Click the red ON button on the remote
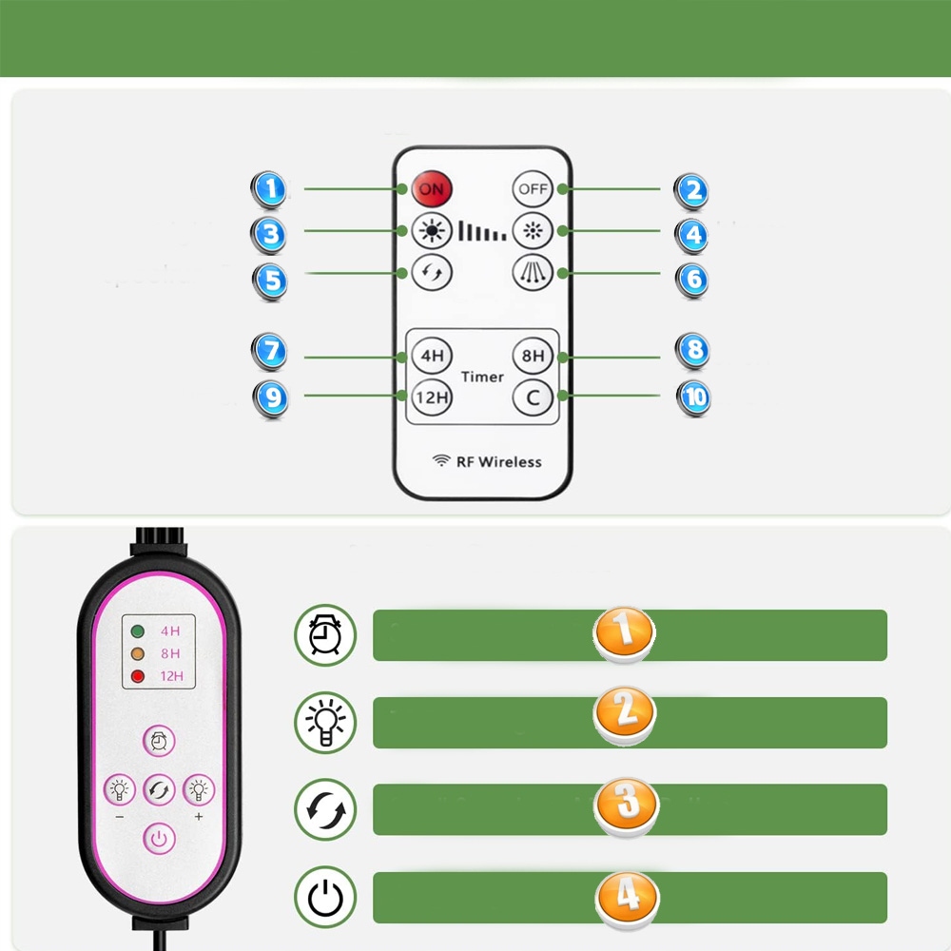[x=431, y=188]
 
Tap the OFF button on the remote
[x=533, y=188]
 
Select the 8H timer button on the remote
[x=533, y=357]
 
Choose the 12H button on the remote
[x=431, y=397]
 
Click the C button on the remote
[x=533, y=397]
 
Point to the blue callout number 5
[x=271, y=280]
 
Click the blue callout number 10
[x=695, y=396]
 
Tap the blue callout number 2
[x=693, y=190]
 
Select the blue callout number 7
[x=271, y=351]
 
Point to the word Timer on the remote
[x=482, y=377]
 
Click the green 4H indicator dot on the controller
[x=138, y=631]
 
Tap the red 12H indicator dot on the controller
[x=138, y=676]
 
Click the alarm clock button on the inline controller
[x=159, y=741]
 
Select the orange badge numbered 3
[x=625, y=803]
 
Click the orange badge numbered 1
[x=624, y=630]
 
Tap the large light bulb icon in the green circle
[x=325, y=721]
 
